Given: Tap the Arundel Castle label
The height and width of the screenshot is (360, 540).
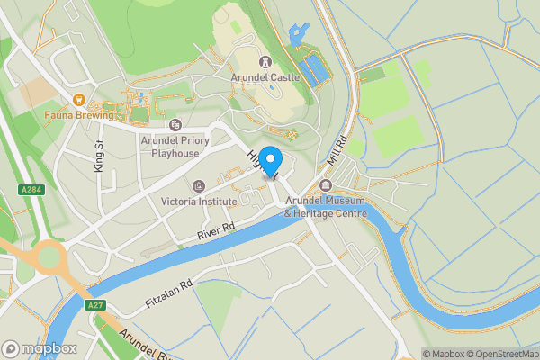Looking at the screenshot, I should (266, 78).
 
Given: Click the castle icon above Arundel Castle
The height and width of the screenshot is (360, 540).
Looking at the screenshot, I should (266, 61).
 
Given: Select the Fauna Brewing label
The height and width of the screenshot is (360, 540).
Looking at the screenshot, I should (80, 115).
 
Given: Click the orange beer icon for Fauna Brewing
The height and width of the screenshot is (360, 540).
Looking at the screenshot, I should (80, 99).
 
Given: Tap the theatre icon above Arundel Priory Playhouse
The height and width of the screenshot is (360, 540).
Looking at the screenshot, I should (175, 124).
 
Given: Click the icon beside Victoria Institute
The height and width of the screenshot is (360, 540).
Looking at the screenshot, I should (198, 186).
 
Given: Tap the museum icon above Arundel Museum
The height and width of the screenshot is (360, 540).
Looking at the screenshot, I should (326, 185).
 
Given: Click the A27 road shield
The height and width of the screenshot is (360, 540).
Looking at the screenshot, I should (94, 306).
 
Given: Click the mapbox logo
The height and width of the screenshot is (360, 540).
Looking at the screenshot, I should (40, 348).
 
